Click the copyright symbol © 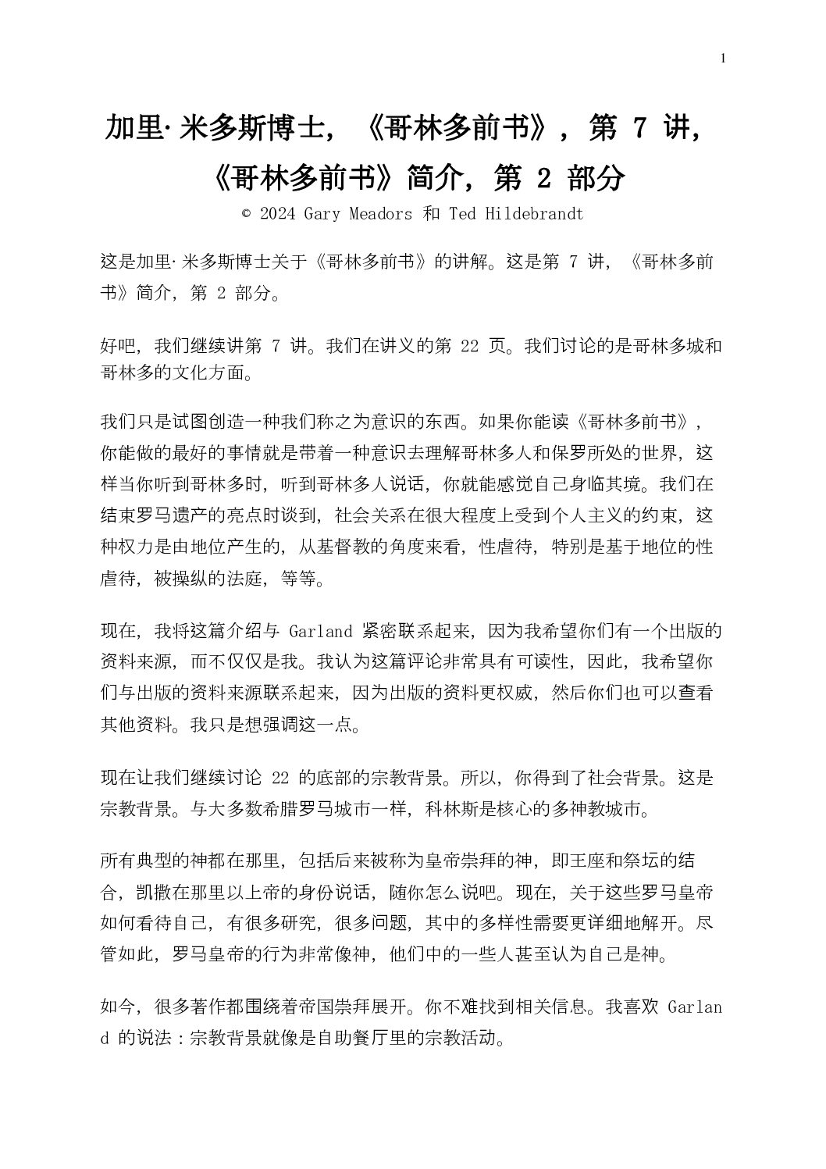pyautogui.click(x=246, y=214)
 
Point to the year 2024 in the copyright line pyautogui.click(x=277, y=214)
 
